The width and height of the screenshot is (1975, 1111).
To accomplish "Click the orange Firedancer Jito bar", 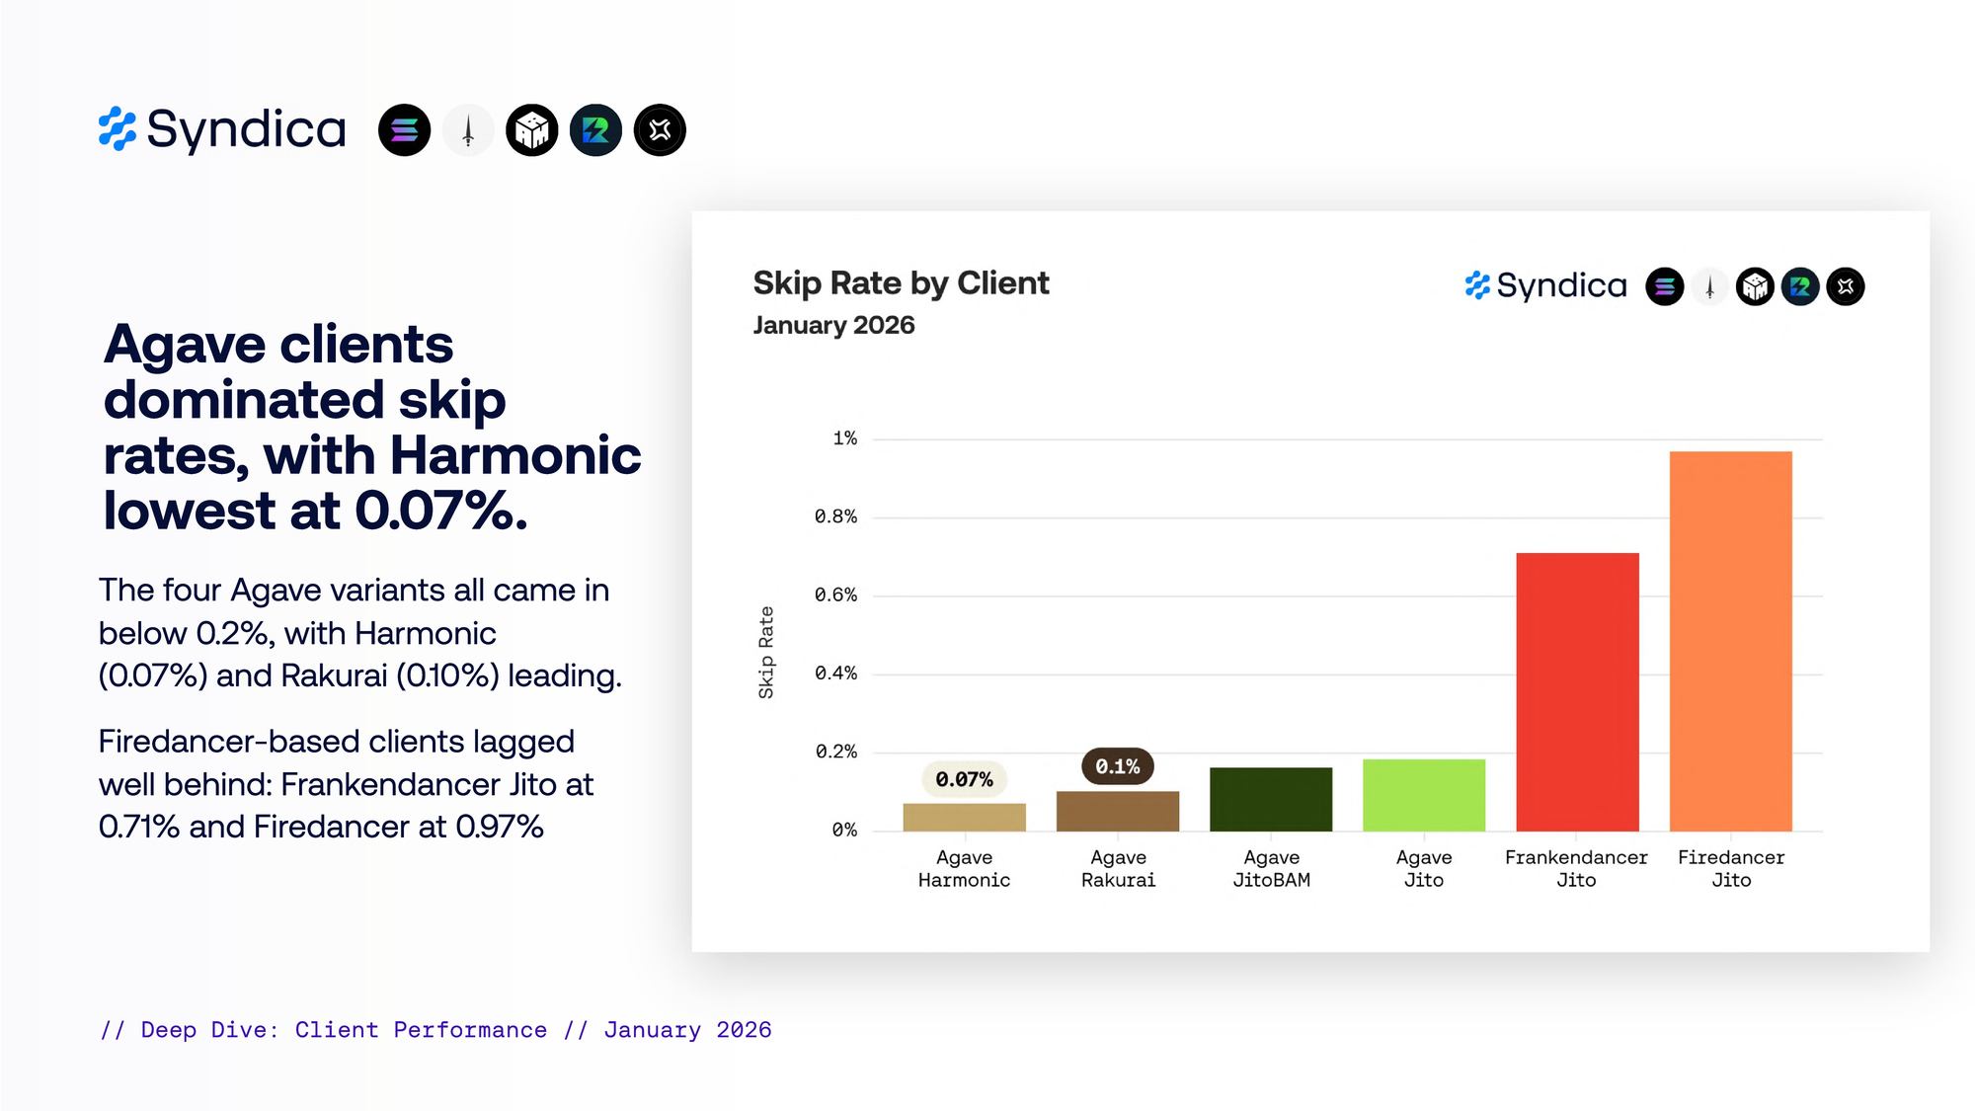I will pyautogui.click(x=1730, y=641).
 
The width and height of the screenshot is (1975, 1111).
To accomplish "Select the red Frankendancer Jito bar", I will pyautogui.click(x=1577, y=691).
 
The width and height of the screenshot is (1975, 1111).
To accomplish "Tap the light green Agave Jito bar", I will pyautogui.click(x=1423, y=795).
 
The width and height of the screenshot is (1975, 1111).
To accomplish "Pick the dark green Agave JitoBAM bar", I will pyautogui.click(x=1271, y=799).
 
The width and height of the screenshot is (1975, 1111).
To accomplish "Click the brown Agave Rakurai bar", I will pyautogui.click(x=1117, y=811).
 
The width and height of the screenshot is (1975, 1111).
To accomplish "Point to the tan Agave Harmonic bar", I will pyautogui.click(x=964, y=817).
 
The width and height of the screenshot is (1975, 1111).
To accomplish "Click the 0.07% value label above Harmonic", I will pyautogui.click(x=964, y=779).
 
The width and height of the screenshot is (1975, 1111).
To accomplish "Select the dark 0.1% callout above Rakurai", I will pyautogui.click(x=1117, y=766).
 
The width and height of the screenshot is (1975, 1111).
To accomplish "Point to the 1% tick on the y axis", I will pyautogui.click(x=844, y=438).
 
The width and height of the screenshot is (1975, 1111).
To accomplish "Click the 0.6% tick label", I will pyautogui.click(x=835, y=595).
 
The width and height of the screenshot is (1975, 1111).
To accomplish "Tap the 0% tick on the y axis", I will pyautogui.click(x=843, y=830).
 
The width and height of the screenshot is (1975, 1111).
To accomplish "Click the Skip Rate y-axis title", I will pyautogui.click(x=766, y=653).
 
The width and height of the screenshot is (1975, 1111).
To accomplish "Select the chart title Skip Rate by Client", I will pyautogui.click(x=901, y=283).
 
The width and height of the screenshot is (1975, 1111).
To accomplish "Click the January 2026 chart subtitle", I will pyautogui.click(x=833, y=326).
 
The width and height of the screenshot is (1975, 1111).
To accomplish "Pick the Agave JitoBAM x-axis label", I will pyautogui.click(x=1271, y=868).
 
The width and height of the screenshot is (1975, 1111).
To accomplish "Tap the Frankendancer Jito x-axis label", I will pyautogui.click(x=1576, y=868).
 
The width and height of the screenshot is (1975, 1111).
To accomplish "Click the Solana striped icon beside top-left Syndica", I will pyautogui.click(x=404, y=130).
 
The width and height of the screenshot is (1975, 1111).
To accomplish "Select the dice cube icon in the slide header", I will pyautogui.click(x=531, y=130).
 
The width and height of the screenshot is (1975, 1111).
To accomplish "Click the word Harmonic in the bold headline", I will pyautogui.click(x=515, y=455).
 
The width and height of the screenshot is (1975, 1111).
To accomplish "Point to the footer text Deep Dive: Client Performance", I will pyautogui.click(x=344, y=1030).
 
